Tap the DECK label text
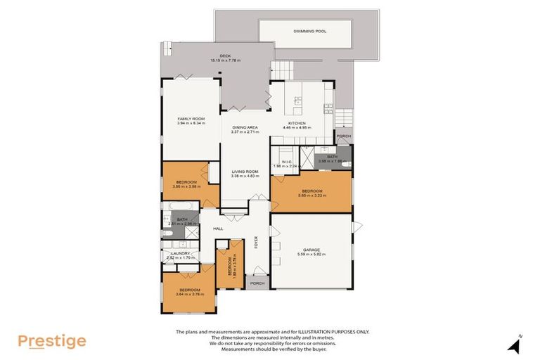pos(225,56)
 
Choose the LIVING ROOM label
pos(245,172)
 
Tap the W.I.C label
pos(286,162)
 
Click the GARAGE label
pos(311,249)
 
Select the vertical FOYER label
pos(257,241)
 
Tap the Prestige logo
pos(52,342)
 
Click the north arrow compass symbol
pos(515,345)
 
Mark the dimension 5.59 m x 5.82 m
pos(311,254)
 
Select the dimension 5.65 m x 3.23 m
pos(312,195)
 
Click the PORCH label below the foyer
pos(257,284)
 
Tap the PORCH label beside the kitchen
pos(344,136)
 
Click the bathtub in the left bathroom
pos(177,206)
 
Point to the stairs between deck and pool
pos(284,71)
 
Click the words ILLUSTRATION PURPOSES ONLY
pos(330,331)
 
